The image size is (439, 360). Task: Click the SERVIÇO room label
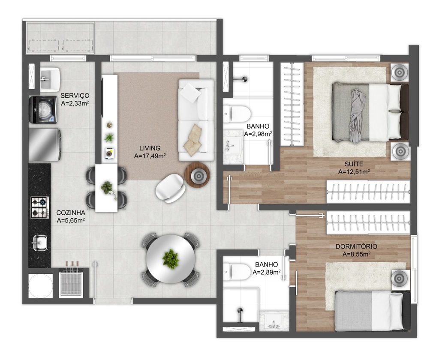(75, 96)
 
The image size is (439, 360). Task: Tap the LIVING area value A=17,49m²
(150, 156)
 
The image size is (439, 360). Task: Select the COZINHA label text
(71, 213)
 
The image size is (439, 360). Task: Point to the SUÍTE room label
(354, 164)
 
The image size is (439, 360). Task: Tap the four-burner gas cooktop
(39, 207)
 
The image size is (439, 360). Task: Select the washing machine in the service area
(43, 110)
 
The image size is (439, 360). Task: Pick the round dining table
(171, 259)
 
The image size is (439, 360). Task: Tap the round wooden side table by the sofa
(198, 175)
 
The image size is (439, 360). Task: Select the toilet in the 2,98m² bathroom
(237, 114)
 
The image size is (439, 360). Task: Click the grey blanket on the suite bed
(357, 115)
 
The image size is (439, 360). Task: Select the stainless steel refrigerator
(45, 145)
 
